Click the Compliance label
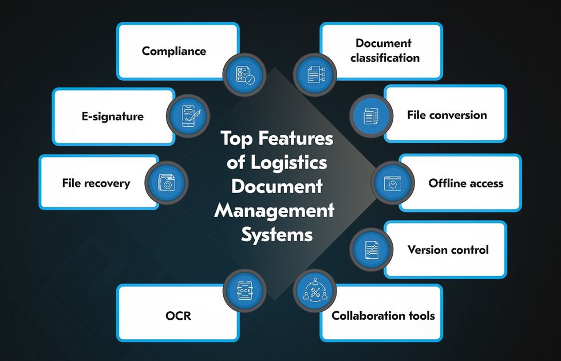point(174,51)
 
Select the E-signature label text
point(112,116)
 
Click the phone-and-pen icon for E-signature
point(188,113)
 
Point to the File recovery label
point(96,183)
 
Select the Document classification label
point(385,50)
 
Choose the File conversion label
point(447,115)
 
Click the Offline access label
point(466,183)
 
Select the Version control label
point(448,250)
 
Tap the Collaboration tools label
point(384,316)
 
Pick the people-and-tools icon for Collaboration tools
point(315,291)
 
